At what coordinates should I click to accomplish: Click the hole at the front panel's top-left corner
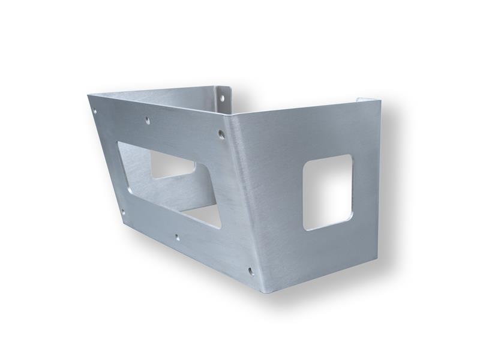tap(94, 110)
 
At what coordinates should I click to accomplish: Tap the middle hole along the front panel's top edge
tap(148, 121)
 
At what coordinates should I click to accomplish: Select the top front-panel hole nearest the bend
tap(221, 134)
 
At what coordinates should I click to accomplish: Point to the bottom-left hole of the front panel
tap(123, 211)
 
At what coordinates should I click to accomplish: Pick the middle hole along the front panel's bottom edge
tap(177, 237)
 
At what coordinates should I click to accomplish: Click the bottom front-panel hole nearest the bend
tap(250, 271)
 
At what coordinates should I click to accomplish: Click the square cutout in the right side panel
tap(327, 191)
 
